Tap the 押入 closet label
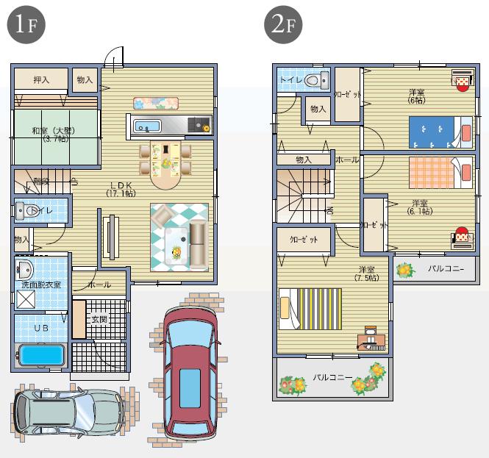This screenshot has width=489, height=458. click(x=40, y=79)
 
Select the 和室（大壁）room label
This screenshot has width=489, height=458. click(x=56, y=134)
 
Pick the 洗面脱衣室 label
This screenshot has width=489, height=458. click(x=41, y=284)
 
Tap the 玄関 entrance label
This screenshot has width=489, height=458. click(x=99, y=319)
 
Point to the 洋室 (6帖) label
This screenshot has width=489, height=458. click(x=417, y=96)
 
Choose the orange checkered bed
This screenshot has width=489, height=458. click(x=438, y=171)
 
